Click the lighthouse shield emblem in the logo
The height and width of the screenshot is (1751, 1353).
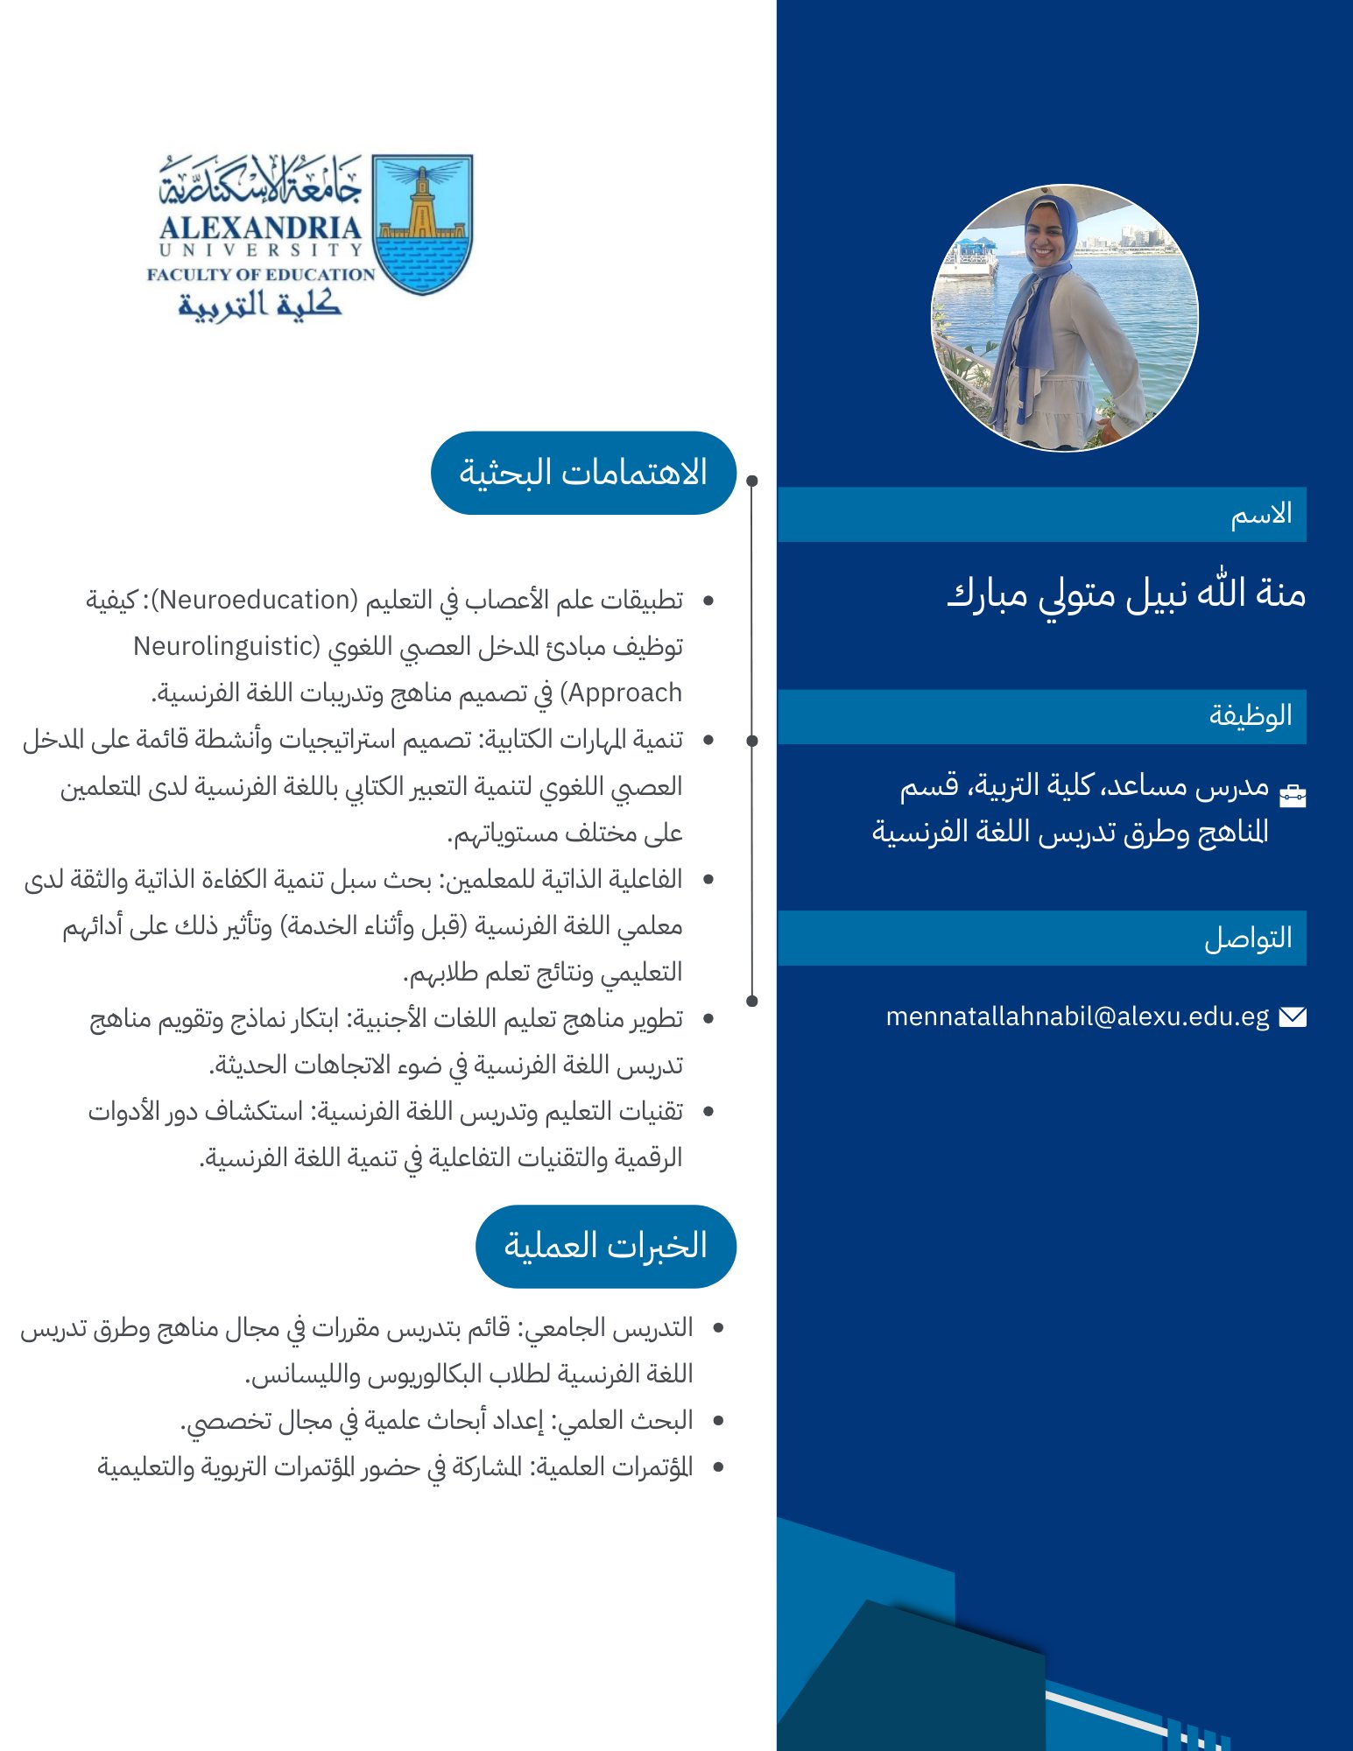(422, 223)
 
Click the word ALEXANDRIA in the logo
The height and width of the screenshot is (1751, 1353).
(260, 229)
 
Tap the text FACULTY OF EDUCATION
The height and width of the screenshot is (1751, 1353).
(261, 274)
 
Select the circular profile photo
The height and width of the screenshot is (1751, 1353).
(1064, 318)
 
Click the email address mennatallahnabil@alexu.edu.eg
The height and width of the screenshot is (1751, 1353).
(1077, 1016)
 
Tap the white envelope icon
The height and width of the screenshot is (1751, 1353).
(1293, 1016)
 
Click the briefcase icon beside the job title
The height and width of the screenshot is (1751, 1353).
(1293, 795)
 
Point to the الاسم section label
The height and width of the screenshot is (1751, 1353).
(1261, 514)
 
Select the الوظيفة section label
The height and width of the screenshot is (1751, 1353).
(1251, 715)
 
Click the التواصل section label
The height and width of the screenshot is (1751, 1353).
(1248, 938)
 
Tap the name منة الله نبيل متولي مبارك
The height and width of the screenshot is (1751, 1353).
(1126, 594)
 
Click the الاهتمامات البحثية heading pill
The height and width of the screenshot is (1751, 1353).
(583, 473)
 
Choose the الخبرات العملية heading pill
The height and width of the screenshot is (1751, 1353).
(605, 1246)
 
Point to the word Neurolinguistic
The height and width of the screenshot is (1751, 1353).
(224, 646)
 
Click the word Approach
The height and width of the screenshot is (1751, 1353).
(625, 693)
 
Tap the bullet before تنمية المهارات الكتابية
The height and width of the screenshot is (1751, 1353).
(708, 740)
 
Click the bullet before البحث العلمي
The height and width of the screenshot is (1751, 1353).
(718, 1420)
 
